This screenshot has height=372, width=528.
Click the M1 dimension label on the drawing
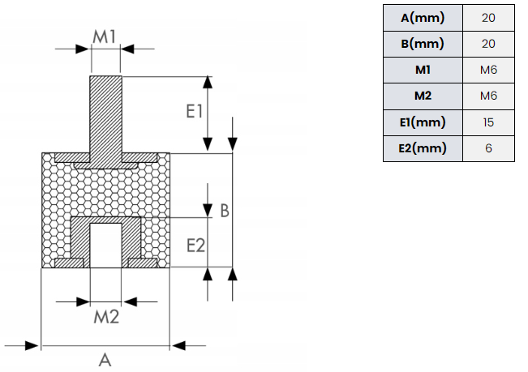click(x=105, y=36)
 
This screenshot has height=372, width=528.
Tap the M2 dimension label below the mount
click(x=106, y=317)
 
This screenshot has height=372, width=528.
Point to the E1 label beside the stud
click(x=195, y=111)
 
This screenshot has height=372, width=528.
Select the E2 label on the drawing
click(x=195, y=246)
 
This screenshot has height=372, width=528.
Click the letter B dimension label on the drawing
click(x=225, y=211)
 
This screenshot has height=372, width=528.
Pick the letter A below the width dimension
click(x=105, y=360)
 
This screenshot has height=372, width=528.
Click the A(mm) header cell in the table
click(x=423, y=18)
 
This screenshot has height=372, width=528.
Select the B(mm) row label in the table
click(x=423, y=44)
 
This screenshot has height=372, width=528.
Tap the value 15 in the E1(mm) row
click(x=488, y=122)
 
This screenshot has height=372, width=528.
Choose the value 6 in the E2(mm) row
click(x=488, y=148)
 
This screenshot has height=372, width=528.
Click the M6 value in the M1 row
click(x=488, y=70)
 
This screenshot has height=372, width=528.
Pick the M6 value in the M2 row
click(x=488, y=96)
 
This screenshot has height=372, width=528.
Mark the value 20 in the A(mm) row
click(x=488, y=18)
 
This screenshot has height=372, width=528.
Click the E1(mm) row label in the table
click(x=423, y=122)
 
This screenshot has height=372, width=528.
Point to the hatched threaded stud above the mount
click(x=105, y=114)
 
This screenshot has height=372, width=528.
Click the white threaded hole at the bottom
click(x=105, y=246)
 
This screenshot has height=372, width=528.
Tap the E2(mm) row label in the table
click(x=423, y=148)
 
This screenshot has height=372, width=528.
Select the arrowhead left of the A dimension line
click(x=32, y=345)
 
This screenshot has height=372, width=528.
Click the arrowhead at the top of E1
click(x=208, y=82)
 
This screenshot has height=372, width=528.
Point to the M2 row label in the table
click(x=423, y=96)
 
